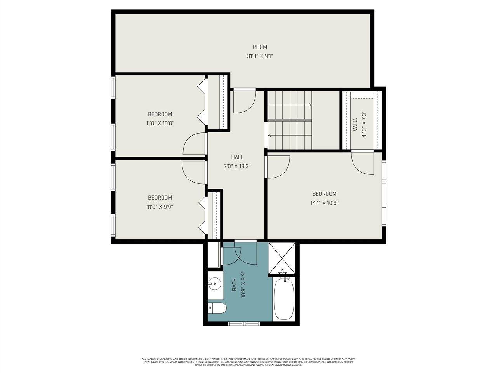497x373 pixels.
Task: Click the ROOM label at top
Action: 260,47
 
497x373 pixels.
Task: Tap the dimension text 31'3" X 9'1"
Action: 260,56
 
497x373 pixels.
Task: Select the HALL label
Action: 237,157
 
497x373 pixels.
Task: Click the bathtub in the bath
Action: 284,298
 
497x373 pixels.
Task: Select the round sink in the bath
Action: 214,284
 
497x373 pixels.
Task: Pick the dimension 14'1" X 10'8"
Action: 324,202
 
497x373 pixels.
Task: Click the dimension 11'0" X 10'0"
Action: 160,123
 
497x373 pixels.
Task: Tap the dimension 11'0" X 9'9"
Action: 160,207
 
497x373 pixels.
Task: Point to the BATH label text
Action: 234,285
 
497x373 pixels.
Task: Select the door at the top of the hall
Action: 244,101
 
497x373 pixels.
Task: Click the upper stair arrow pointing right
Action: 309,105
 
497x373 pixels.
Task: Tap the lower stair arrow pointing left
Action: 269,136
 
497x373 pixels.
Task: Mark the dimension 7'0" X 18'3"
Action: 237,166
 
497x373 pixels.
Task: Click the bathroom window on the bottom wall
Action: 243,323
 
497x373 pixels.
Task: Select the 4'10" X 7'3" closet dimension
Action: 364,124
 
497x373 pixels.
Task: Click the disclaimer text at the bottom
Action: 248,362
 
